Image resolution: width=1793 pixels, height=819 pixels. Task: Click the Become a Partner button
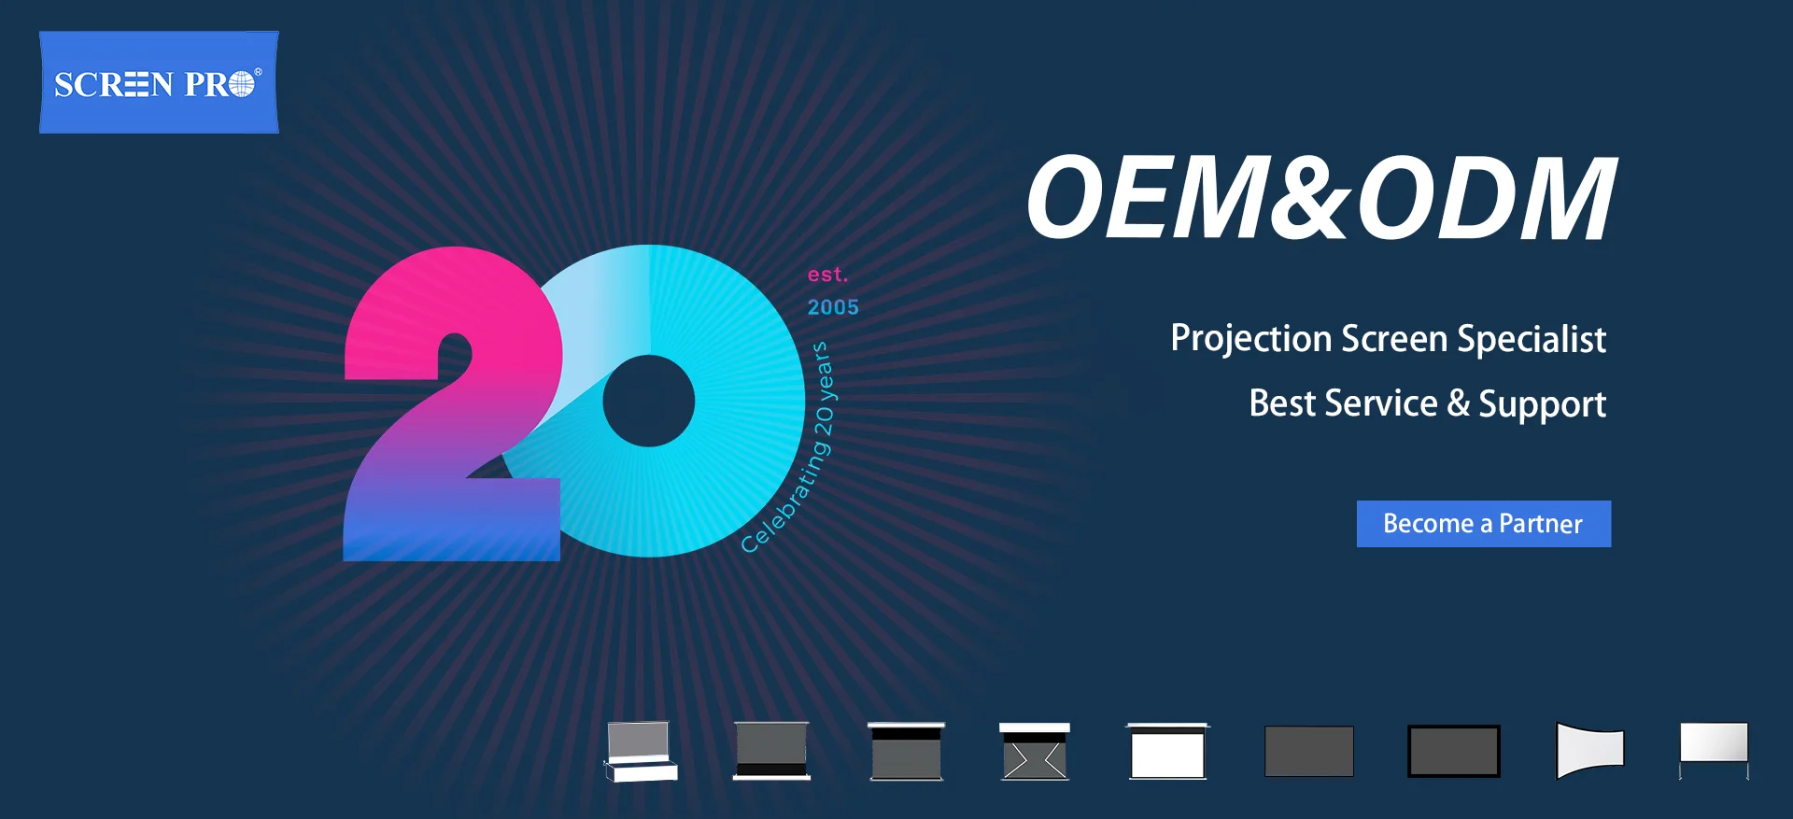pyautogui.click(x=1483, y=524)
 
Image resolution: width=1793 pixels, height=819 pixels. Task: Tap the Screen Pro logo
pyautogui.click(x=159, y=82)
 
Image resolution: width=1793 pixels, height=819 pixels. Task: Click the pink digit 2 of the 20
pyautogui.click(x=453, y=404)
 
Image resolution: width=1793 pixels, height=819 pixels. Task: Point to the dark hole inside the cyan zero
pyautogui.click(x=648, y=402)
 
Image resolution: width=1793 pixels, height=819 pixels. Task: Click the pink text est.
pyautogui.click(x=827, y=275)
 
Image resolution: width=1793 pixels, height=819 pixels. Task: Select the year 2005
pyautogui.click(x=833, y=307)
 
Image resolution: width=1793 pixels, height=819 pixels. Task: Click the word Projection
pyautogui.click(x=1250, y=339)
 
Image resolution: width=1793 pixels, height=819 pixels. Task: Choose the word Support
pyautogui.click(x=1543, y=404)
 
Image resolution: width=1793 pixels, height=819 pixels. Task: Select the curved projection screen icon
pyautogui.click(x=1590, y=750)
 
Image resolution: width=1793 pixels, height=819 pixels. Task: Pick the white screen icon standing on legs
pyautogui.click(x=1714, y=750)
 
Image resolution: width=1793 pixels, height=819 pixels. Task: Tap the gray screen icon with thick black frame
pyautogui.click(x=1454, y=751)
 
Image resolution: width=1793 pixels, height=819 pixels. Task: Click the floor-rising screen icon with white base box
pyautogui.click(x=641, y=751)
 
